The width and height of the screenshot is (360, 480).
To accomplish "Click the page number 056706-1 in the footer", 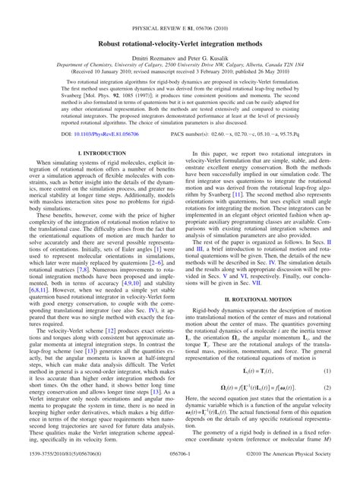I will coord(179,472).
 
